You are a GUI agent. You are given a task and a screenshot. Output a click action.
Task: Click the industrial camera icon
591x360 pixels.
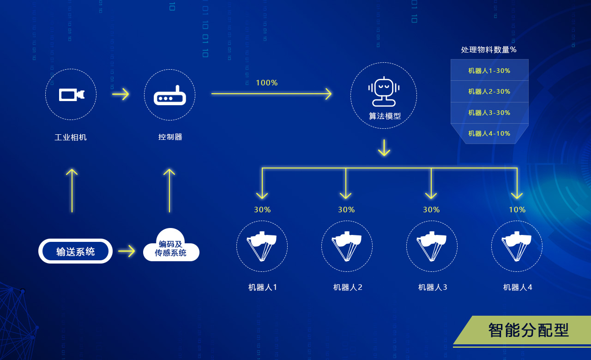pos(71,95)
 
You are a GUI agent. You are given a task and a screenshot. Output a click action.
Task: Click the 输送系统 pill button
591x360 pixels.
pos(75,251)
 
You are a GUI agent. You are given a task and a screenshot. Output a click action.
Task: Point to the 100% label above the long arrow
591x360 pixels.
pos(267,83)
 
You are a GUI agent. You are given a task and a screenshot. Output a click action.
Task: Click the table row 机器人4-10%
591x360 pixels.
pos(489,134)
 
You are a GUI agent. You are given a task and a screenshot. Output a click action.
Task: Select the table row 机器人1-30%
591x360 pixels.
pos(489,71)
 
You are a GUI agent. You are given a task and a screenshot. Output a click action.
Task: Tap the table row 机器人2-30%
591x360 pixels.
pos(489,91)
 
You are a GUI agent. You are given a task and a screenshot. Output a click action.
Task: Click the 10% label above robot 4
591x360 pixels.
pos(517,210)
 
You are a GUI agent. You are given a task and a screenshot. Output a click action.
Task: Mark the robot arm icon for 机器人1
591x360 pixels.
pos(262,246)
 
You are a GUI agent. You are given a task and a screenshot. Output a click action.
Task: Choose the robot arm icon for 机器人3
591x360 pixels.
pos(432,246)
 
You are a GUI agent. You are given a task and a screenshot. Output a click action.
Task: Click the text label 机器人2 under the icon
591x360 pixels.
pos(348,287)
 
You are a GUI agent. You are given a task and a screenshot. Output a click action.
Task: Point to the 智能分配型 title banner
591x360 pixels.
pos(528,330)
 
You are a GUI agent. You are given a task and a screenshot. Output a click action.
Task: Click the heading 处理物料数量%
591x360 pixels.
pos(489,50)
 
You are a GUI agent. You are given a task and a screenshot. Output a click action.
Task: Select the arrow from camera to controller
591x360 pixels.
pos(121,94)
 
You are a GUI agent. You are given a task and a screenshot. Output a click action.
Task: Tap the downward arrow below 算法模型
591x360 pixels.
pos(384,148)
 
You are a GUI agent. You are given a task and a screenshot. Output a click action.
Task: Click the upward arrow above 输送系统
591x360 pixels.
pos(72,190)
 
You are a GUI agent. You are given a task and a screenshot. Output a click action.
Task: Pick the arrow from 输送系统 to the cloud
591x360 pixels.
pos(127,251)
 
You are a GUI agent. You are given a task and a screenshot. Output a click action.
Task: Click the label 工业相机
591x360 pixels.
pos(71,137)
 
